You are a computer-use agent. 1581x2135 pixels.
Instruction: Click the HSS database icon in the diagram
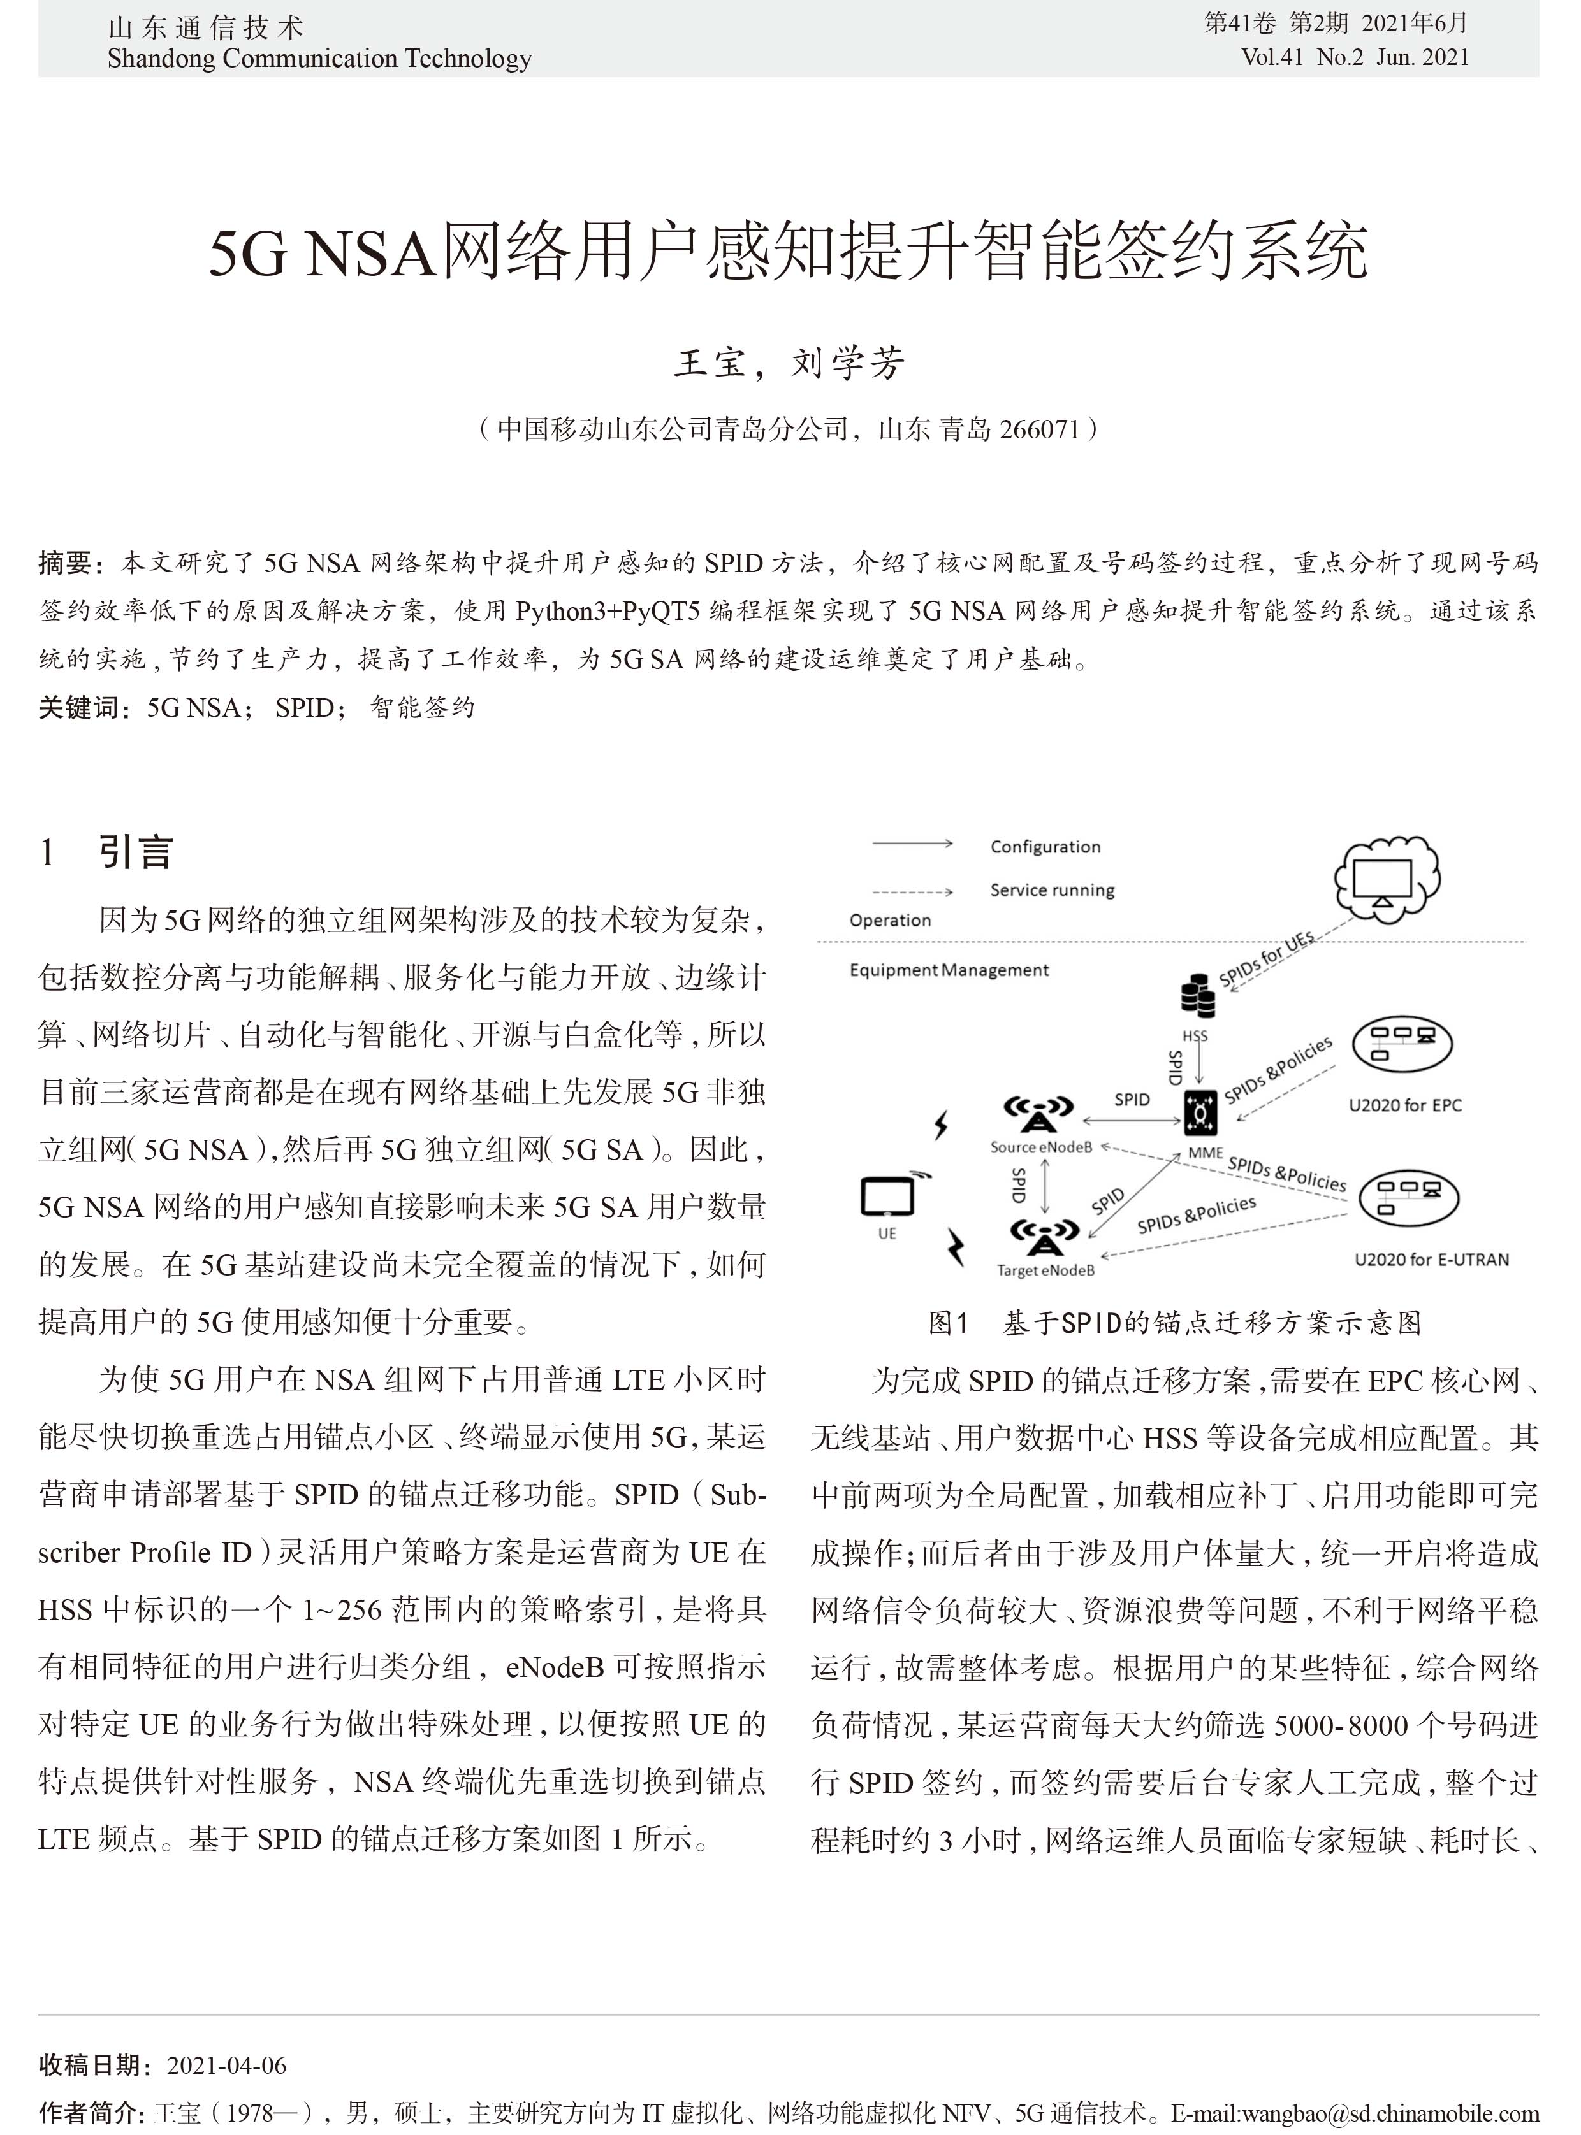point(1197,996)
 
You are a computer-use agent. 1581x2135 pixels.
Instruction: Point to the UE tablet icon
point(888,1196)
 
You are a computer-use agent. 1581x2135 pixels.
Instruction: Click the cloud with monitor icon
point(1387,878)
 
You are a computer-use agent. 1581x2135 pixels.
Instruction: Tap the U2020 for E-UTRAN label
point(1431,1260)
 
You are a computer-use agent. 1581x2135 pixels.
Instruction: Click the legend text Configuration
point(1045,847)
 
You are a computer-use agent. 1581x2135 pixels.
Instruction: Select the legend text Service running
point(1052,891)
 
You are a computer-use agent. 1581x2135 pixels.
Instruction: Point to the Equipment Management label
point(949,970)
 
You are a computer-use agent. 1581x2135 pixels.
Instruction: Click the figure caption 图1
point(949,1323)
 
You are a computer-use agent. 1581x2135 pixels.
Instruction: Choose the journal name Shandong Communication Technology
point(319,59)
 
